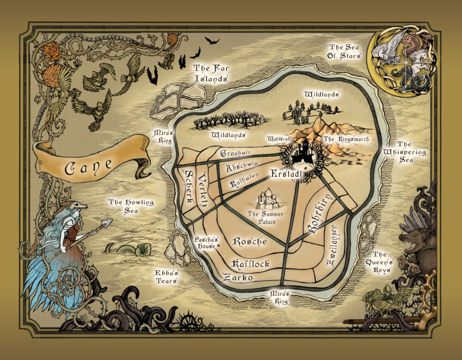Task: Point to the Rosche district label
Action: (250, 241)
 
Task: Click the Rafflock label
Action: (250, 264)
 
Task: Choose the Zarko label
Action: (237, 278)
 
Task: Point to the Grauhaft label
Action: (236, 153)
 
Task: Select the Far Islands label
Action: (211, 73)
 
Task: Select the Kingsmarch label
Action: (346, 139)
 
